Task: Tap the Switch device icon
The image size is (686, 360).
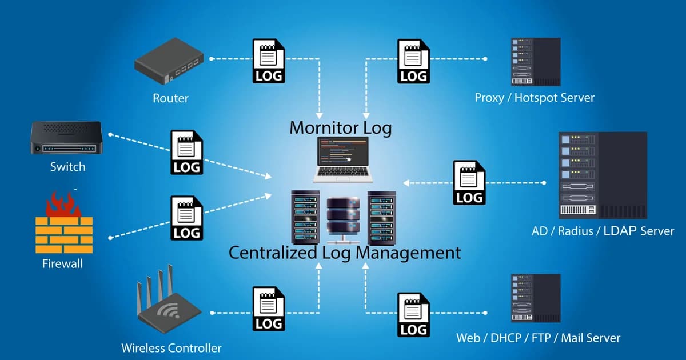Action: tap(66, 138)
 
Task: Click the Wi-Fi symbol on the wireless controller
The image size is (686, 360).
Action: tap(167, 312)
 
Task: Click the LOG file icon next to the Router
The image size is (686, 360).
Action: tap(269, 61)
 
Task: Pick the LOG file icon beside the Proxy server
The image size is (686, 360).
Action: tap(414, 61)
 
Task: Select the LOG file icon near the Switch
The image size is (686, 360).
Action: tap(187, 152)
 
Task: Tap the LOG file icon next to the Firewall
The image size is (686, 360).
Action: tap(187, 218)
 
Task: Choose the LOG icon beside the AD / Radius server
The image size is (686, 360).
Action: tap(469, 182)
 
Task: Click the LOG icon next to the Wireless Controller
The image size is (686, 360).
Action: tap(269, 309)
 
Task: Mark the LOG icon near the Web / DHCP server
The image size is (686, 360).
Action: tap(414, 314)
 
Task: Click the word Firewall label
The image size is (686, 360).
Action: tap(63, 264)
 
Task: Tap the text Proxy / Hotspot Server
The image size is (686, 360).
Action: tap(535, 98)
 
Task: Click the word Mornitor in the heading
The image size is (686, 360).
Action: tap(323, 127)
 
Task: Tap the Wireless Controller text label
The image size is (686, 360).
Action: tap(171, 347)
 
